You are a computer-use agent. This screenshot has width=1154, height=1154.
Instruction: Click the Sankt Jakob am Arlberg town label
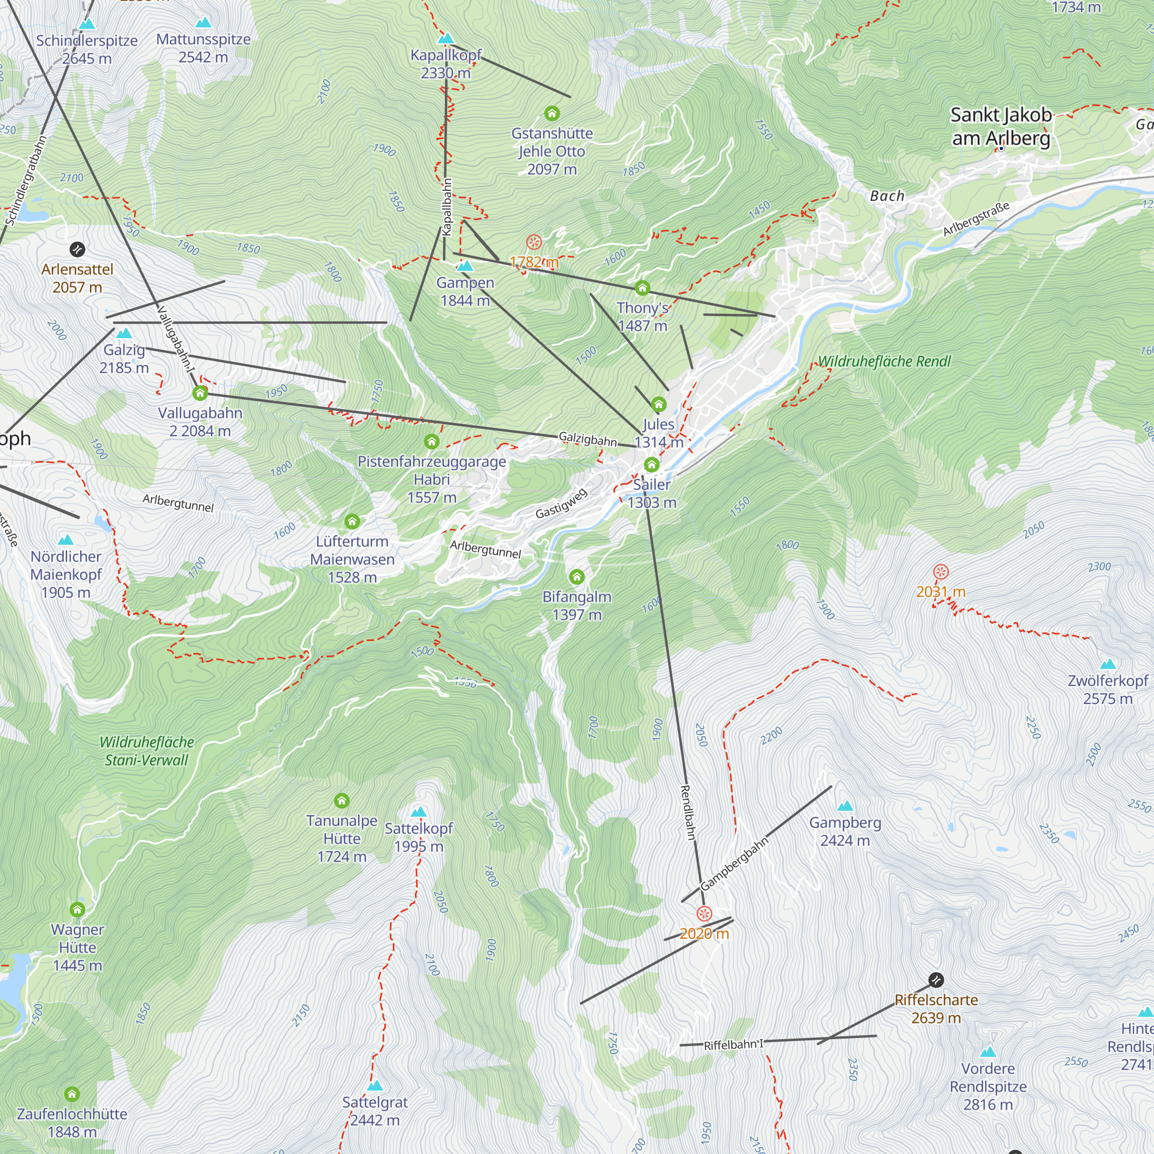coord(1001,126)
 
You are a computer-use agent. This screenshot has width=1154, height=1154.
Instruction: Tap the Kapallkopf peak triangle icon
coord(445,39)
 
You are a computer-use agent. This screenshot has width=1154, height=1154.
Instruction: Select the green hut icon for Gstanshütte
coord(552,113)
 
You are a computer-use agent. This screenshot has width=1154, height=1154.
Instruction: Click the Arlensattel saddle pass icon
coord(77,249)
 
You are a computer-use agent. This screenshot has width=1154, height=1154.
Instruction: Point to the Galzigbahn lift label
coord(587,439)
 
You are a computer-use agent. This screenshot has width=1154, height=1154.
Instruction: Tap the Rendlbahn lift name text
coord(688,812)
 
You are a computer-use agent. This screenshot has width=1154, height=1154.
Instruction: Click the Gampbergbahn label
coord(734,864)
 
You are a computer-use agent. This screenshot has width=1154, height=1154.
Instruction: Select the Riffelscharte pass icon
coord(936,980)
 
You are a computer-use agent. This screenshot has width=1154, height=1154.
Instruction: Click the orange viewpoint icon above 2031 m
coord(941,572)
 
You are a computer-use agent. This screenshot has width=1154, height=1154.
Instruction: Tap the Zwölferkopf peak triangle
coord(1108,664)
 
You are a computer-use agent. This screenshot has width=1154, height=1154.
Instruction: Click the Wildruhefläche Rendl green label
coord(883,361)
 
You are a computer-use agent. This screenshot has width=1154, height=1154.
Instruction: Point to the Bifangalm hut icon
coord(576,576)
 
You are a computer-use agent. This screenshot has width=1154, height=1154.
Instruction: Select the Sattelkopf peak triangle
coord(419,812)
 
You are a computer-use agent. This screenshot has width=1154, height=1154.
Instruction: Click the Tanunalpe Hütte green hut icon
coord(342,800)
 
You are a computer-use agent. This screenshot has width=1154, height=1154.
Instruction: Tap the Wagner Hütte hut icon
coord(77,910)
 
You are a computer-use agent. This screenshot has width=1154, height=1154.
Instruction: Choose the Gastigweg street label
coord(561,504)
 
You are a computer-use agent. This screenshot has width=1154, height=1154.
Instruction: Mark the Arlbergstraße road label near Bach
coord(976,219)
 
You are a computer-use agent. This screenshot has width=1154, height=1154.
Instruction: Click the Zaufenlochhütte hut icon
coord(72,1093)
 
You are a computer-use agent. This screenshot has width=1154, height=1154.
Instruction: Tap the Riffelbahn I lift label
coord(733,1045)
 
